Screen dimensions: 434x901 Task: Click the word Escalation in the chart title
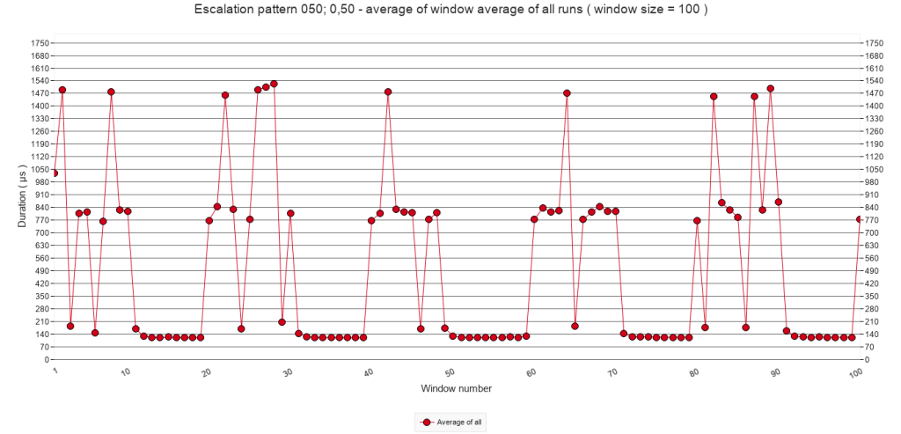[x=221, y=11]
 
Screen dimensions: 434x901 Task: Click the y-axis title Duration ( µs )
[x=24, y=201]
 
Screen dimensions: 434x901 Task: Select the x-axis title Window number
[x=456, y=388]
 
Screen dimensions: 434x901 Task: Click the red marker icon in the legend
[x=427, y=423]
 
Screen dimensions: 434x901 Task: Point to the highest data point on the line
[x=274, y=84]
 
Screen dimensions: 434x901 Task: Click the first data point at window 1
[x=55, y=173]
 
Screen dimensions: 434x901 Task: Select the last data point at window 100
[x=860, y=219]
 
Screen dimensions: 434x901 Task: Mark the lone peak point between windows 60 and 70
[x=567, y=92]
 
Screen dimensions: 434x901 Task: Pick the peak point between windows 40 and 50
[x=388, y=92]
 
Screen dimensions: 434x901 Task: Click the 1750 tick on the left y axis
[x=39, y=42]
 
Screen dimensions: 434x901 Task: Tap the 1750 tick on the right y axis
[x=875, y=42]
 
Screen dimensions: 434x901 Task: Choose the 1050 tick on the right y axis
[x=875, y=169]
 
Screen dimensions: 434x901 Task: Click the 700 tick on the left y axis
[x=41, y=232]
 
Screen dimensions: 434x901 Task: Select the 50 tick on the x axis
[x=450, y=373]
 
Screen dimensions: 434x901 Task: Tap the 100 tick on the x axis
[x=855, y=373]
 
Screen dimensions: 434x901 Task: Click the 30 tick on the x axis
[x=288, y=373]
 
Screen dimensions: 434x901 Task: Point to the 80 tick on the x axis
[x=695, y=373]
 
